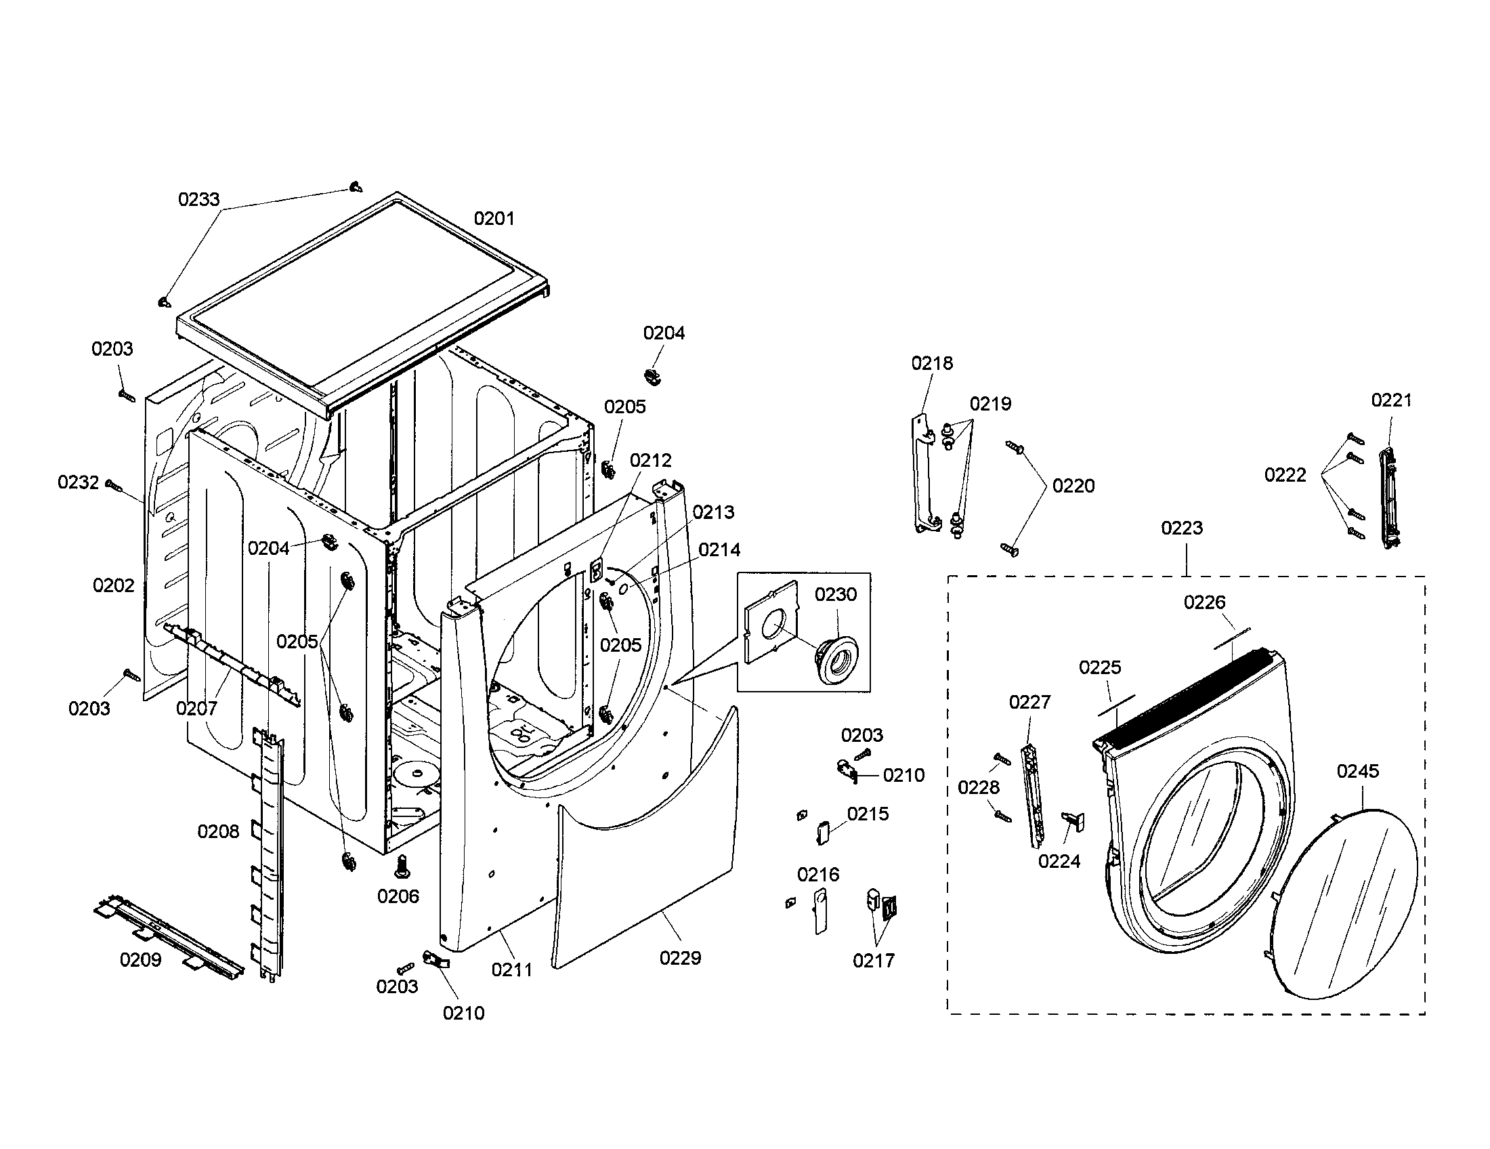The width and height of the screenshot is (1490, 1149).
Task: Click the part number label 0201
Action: [x=494, y=218]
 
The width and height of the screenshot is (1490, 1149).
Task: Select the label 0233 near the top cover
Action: [x=198, y=199]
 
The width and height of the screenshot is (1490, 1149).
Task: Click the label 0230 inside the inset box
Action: [x=835, y=594]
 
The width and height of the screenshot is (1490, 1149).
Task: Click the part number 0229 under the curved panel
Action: [x=680, y=958]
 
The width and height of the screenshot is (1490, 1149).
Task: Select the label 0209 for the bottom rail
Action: [x=141, y=959]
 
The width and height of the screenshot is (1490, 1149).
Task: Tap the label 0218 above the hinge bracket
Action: [x=932, y=363]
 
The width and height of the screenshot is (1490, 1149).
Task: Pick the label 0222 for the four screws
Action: [x=1285, y=475]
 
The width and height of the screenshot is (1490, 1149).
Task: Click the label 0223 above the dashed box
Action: [x=1182, y=528]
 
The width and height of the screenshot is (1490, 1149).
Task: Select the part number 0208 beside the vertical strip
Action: [x=218, y=831]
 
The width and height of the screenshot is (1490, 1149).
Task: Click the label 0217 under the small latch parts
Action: [x=873, y=961]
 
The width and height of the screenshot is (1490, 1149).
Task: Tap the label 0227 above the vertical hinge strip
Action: [x=1029, y=701]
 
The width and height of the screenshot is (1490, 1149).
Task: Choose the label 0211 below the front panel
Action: [x=511, y=969]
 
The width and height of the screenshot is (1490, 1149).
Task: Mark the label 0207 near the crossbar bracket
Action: [x=196, y=708]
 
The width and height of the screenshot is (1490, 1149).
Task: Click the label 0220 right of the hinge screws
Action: [x=1073, y=486]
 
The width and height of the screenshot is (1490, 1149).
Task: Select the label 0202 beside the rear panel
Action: [x=114, y=585]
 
